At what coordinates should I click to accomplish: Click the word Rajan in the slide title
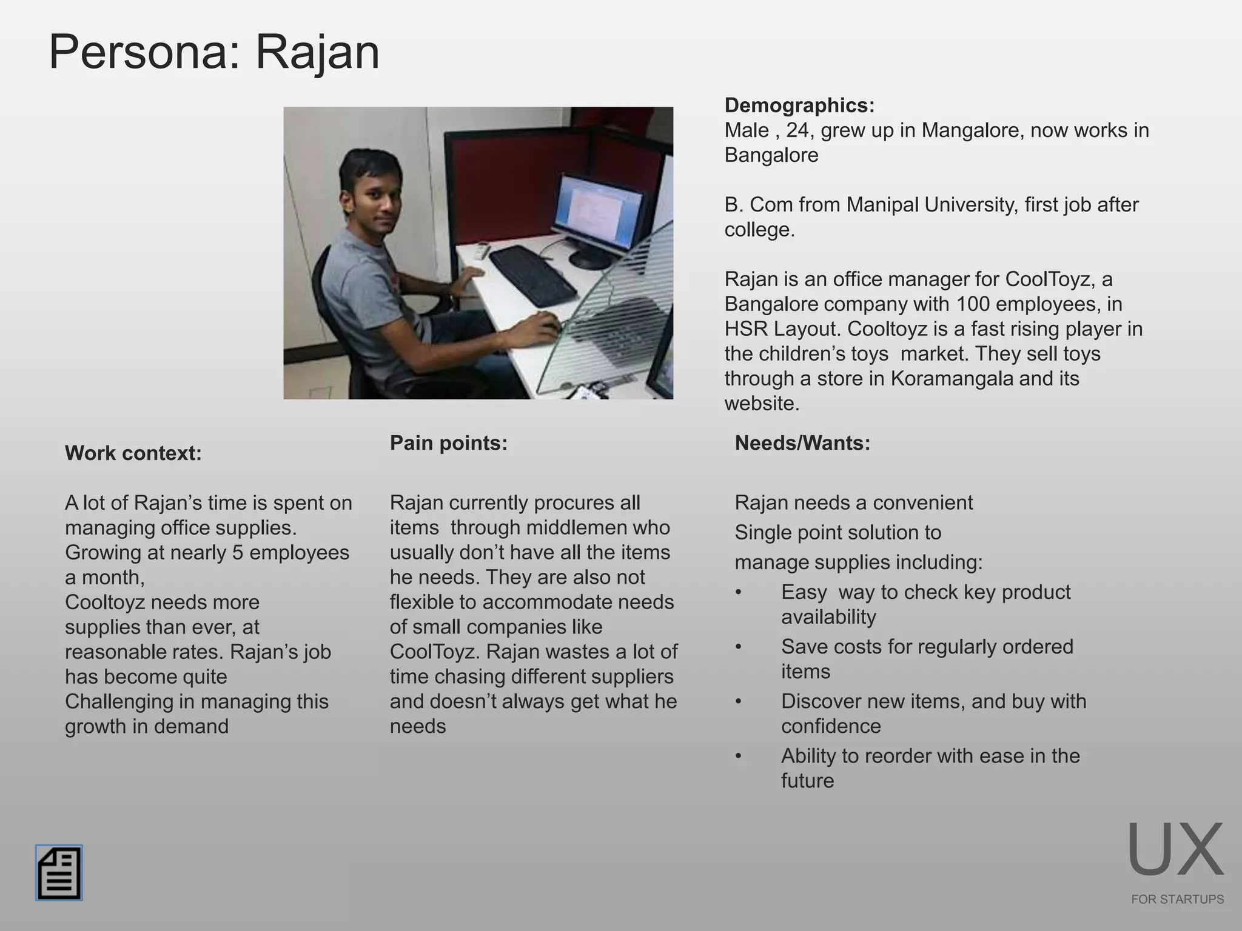click(x=317, y=52)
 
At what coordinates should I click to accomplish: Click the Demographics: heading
click(x=799, y=105)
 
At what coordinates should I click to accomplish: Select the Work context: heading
click(x=133, y=453)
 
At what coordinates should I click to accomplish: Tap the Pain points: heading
click(x=448, y=443)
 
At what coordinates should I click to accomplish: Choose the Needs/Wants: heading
click(x=802, y=443)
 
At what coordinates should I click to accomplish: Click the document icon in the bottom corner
click(x=59, y=873)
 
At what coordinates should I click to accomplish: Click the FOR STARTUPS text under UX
click(x=1177, y=899)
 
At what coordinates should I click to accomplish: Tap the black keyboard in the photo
click(x=532, y=276)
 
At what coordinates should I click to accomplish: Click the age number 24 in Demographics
click(x=798, y=130)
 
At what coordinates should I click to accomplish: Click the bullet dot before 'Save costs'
click(x=738, y=647)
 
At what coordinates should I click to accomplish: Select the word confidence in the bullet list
click(x=831, y=726)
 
